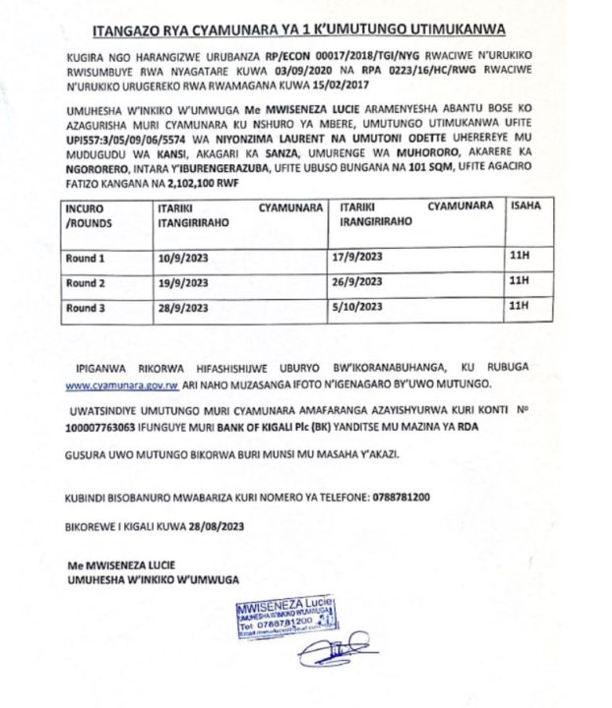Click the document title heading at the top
pyautogui.click(x=306, y=29)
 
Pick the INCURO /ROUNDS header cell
pyautogui.click(x=89, y=217)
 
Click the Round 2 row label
pyautogui.click(x=86, y=283)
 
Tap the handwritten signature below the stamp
pyautogui.click(x=333, y=654)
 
